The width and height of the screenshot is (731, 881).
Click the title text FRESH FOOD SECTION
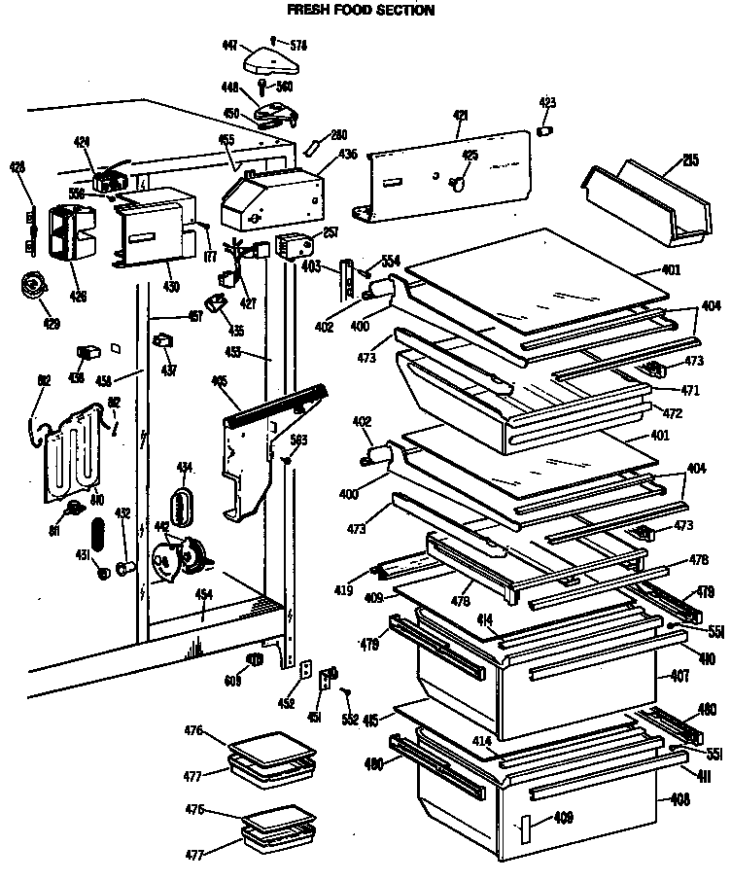346,11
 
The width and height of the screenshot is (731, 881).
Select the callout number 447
229,46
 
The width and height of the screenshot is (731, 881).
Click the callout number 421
460,116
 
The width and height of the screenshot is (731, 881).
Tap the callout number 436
346,154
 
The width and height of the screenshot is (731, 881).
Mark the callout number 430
171,286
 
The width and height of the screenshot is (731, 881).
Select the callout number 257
330,232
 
